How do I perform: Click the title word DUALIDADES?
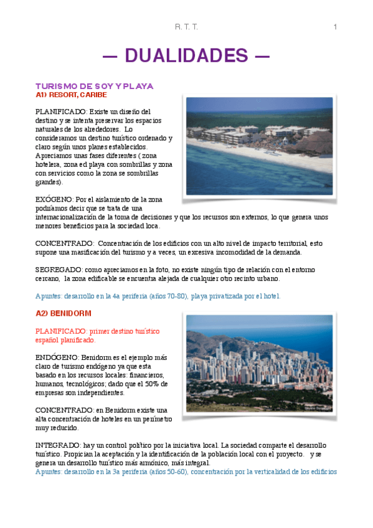(x=186, y=55)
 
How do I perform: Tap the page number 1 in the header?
(x=335, y=26)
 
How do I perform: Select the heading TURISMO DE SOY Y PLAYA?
(x=94, y=86)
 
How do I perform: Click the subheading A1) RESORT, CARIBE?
(x=71, y=95)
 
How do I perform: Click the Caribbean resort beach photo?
(x=259, y=146)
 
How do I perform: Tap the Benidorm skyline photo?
(x=259, y=364)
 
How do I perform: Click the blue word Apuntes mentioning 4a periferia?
(x=50, y=296)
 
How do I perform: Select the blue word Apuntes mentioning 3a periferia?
(x=50, y=472)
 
